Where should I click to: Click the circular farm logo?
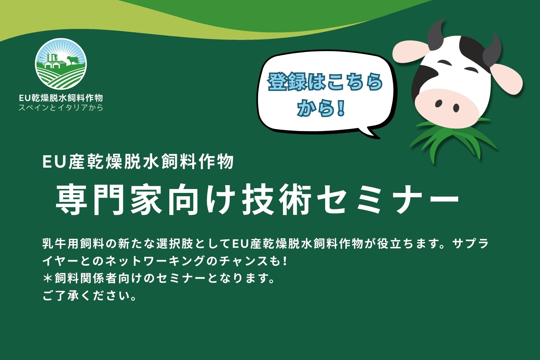61,64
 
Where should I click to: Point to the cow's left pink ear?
411,53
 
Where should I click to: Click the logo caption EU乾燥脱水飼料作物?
61,98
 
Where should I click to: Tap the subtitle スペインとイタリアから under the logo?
61,107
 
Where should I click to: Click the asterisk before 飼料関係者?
48,278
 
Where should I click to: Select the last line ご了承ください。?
90,296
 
